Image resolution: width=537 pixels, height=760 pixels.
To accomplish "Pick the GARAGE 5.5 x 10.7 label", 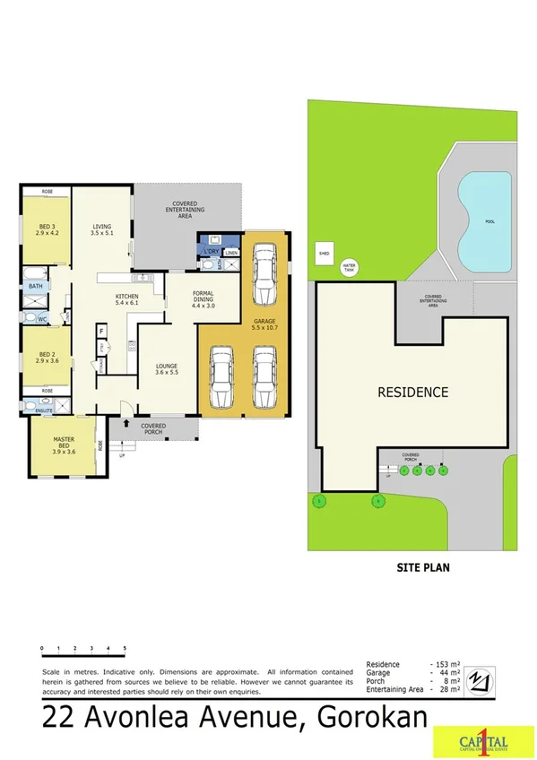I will point(264,324).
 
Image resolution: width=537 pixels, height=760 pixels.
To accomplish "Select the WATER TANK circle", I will point(349,266).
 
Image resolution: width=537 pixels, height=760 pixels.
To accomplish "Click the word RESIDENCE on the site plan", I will point(411,392).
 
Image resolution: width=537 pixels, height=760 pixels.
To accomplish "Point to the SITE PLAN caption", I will point(422,566).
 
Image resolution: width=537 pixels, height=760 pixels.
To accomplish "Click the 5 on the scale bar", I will point(124,647).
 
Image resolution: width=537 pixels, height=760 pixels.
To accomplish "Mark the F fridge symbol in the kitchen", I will point(101,332).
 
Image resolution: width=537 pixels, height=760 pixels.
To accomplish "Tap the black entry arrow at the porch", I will point(128,422).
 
